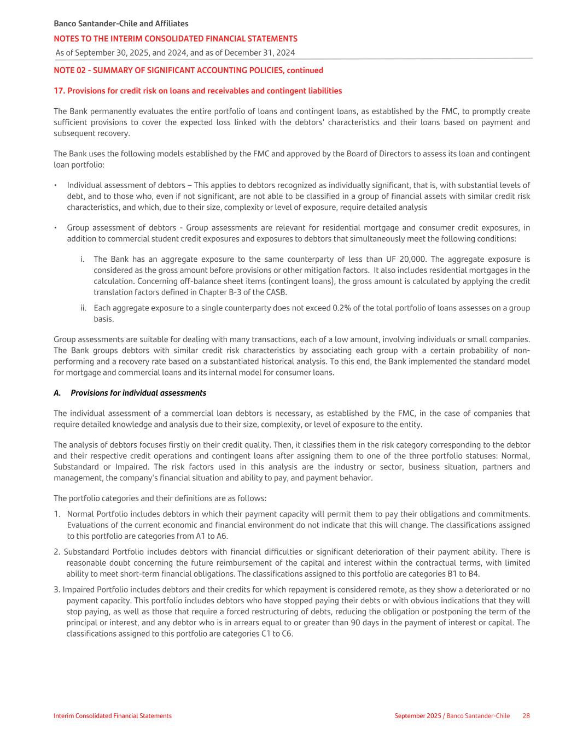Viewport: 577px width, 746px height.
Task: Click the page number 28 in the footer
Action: (526, 716)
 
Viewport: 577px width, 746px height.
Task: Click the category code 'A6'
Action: (222, 536)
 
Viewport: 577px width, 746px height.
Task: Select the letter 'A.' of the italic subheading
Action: (57, 393)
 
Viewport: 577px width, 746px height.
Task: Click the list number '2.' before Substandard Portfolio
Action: (57, 552)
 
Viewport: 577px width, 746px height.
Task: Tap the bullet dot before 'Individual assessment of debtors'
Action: (56, 186)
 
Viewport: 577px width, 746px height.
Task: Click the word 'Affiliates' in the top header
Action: (170, 24)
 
